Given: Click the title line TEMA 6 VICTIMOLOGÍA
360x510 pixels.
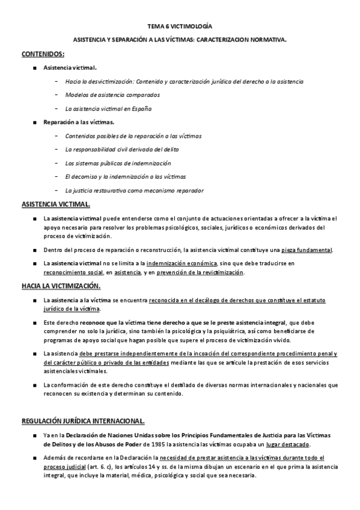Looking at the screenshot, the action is click(180, 27).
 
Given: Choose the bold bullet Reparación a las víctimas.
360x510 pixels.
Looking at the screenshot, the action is click(83, 122).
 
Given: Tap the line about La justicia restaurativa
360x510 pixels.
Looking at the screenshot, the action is click(134, 190).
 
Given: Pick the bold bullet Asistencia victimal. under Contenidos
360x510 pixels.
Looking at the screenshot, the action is click(70, 68).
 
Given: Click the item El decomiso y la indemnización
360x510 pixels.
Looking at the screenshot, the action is click(125, 177).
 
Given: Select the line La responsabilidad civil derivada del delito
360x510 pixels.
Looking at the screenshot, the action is click(122, 149).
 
